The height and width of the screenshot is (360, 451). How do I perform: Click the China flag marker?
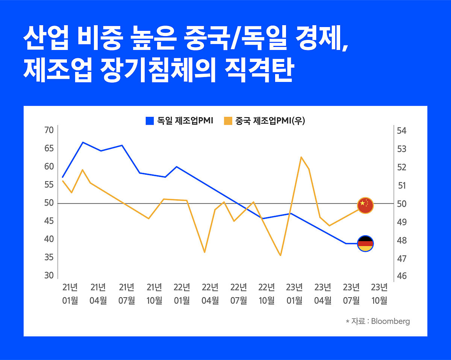365,205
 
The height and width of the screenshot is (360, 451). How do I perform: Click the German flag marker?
365,244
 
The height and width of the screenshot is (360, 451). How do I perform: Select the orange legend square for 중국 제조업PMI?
228,121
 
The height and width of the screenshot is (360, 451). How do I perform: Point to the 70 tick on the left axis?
49,130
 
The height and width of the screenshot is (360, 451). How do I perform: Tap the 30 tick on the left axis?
49,275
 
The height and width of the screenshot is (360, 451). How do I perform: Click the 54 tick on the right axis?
402,131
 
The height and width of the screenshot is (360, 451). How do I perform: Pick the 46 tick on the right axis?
402,276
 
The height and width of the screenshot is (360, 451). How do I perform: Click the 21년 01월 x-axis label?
70,294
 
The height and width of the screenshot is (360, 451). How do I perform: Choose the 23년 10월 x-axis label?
379,294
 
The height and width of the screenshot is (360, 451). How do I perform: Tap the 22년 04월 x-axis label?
210,294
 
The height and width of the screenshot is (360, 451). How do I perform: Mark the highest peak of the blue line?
83,142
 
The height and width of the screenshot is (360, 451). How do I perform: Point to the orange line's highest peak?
301,157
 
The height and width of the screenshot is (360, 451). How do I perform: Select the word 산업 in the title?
46,39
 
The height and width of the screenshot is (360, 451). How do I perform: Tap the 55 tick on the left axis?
49,185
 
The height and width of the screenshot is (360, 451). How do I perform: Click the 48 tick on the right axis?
402,240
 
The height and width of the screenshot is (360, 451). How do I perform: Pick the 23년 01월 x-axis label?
294,294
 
